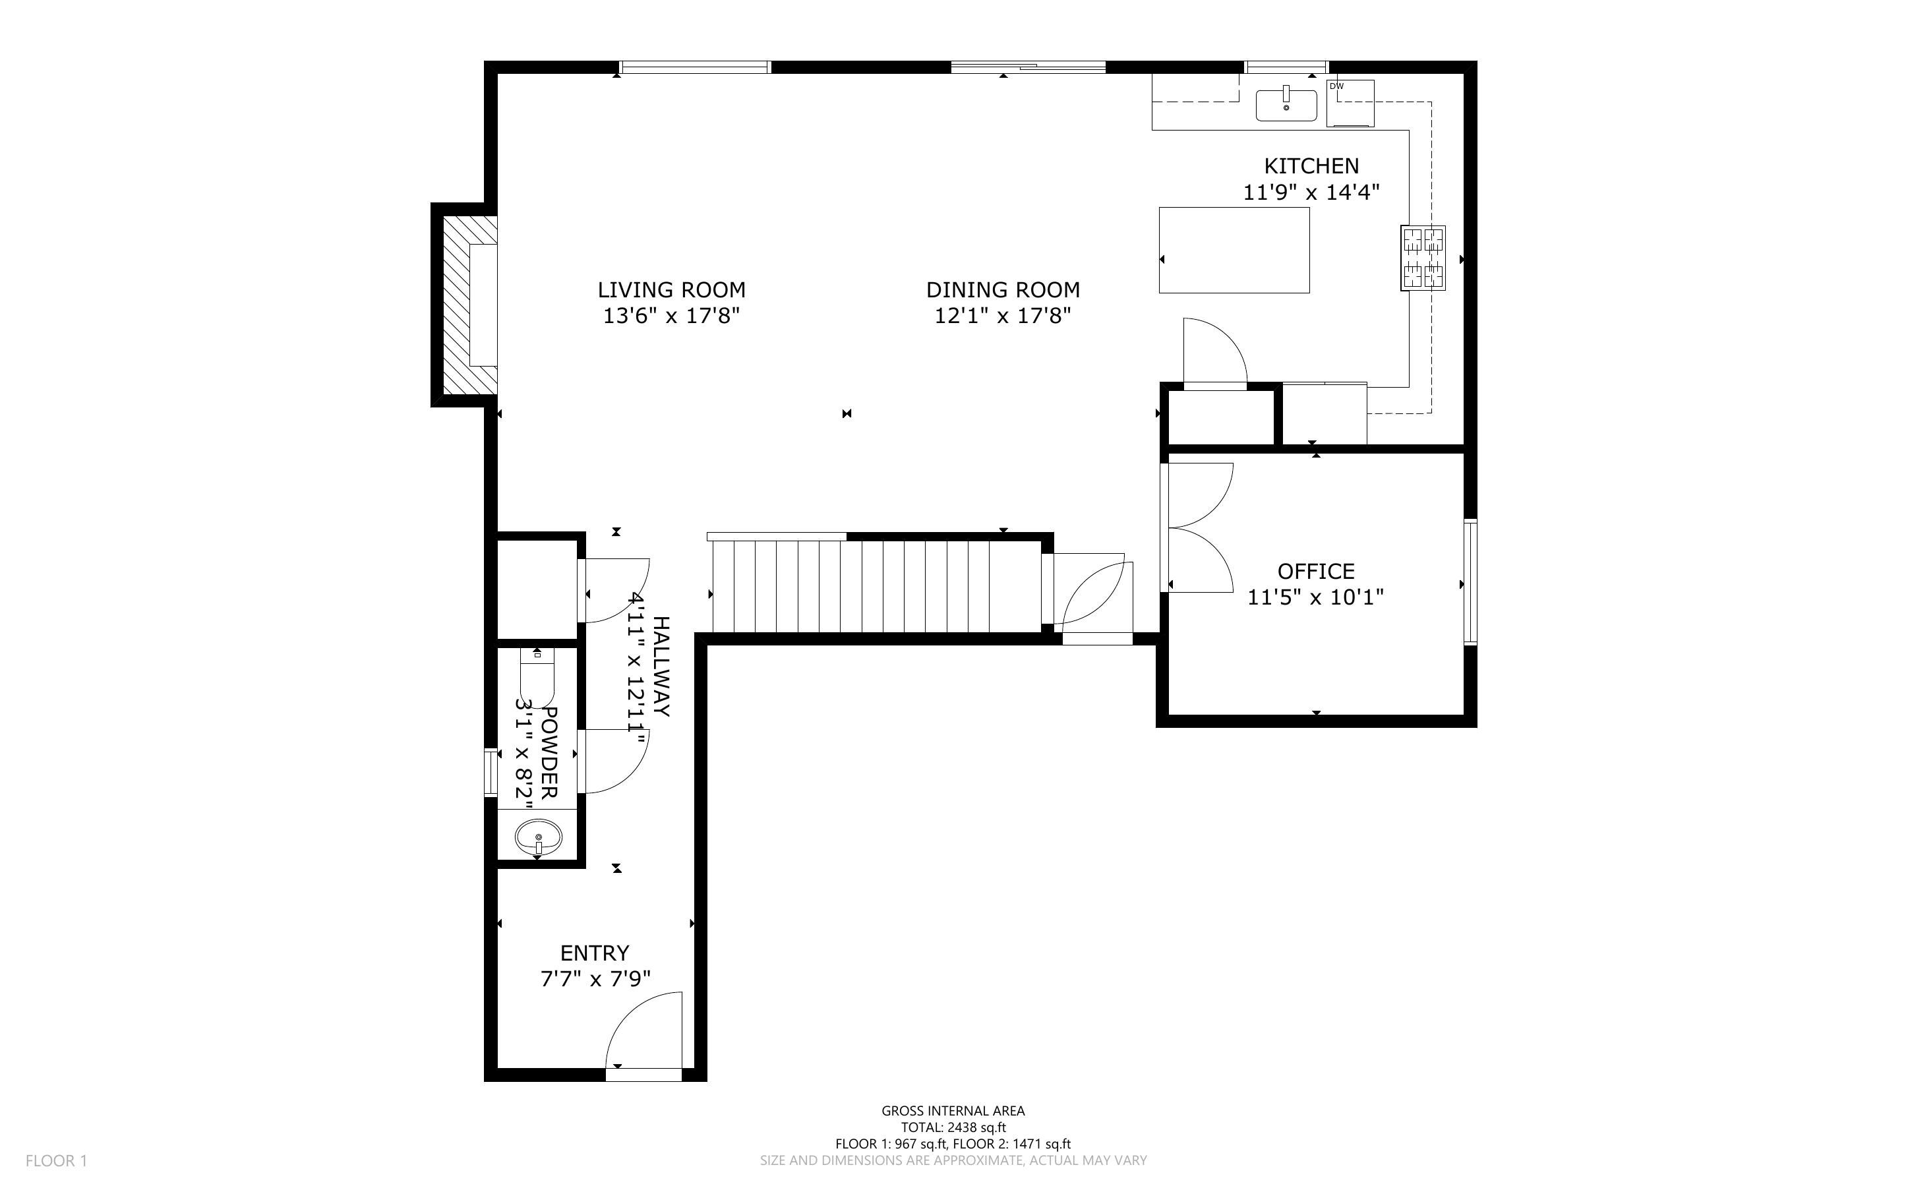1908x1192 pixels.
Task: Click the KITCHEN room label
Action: [x=1311, y=165]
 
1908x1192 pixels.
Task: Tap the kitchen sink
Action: [x=1286, y=105]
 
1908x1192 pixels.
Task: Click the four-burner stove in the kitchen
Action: [x=1423, y=258]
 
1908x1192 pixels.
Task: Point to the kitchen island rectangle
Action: [x=1234, y=250]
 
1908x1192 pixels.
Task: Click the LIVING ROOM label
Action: [x=671, y=290]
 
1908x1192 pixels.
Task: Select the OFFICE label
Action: [x=1316, y=571]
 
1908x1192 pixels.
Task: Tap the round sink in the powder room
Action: [x=538, y=837]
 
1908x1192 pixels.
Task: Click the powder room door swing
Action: [x=613, y=761]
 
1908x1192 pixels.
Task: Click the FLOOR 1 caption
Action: [x=56, y=1160]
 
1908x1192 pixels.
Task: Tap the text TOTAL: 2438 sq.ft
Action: [x=953, y=1127]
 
